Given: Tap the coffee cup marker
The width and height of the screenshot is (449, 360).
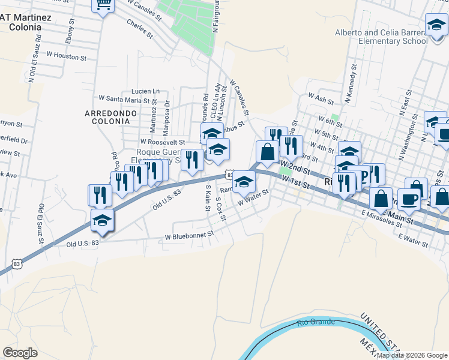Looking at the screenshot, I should click(408, 199).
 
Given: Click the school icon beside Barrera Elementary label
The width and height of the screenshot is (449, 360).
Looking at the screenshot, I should click(436, 25).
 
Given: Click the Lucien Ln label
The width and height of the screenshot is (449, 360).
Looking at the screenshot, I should click(137, 91).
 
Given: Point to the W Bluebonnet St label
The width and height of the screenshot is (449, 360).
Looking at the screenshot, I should click(189, 236).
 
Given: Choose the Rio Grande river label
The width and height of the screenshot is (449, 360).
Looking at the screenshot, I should click(315, 323).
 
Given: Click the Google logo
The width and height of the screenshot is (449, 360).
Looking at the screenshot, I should click(20, 353).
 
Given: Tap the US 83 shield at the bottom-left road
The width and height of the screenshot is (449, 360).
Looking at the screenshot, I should click(16, 263).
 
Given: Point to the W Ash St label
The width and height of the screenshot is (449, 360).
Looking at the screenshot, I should click(320, 95).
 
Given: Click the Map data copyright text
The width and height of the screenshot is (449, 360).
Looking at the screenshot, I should click(412, 355).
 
